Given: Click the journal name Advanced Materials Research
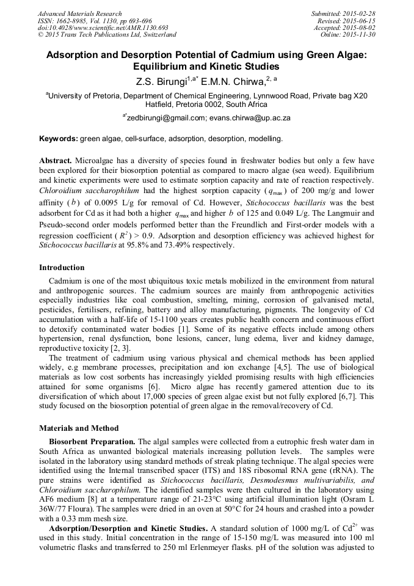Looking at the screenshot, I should pos(79,13).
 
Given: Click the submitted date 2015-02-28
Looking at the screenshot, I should pos(360,13).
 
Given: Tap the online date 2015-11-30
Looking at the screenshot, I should pos(360,35).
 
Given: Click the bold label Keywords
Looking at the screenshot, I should pos(58,139).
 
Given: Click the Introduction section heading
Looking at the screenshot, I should pos(62,268).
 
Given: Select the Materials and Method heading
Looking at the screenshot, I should pos(79,428).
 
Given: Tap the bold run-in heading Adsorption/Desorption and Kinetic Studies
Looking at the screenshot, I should pos(128,527).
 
